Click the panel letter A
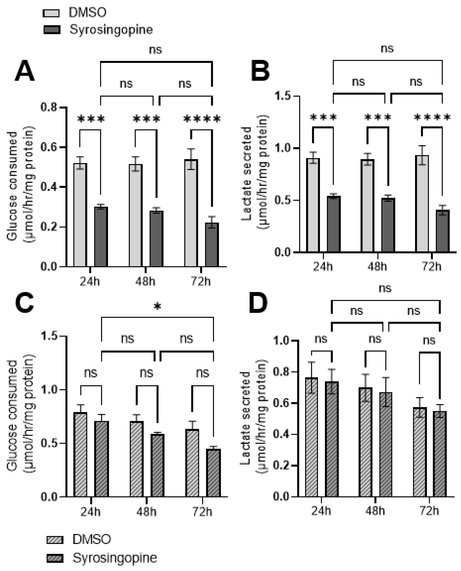pos(24,71)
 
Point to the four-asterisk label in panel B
pos(432,117)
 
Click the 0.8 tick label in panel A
pos(49,107)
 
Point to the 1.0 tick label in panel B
pos(283,148)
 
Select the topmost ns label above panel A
pos(155,50)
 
